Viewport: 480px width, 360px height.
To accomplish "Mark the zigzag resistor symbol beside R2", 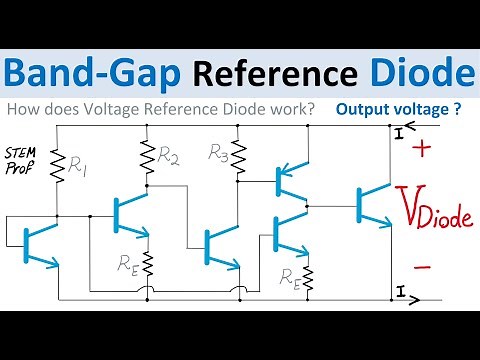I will coord(148,154).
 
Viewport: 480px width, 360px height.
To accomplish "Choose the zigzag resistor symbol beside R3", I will coord(239,161).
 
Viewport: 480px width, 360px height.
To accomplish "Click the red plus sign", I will coord(421,151).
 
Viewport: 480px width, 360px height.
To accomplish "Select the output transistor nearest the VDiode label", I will coord(371,205).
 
